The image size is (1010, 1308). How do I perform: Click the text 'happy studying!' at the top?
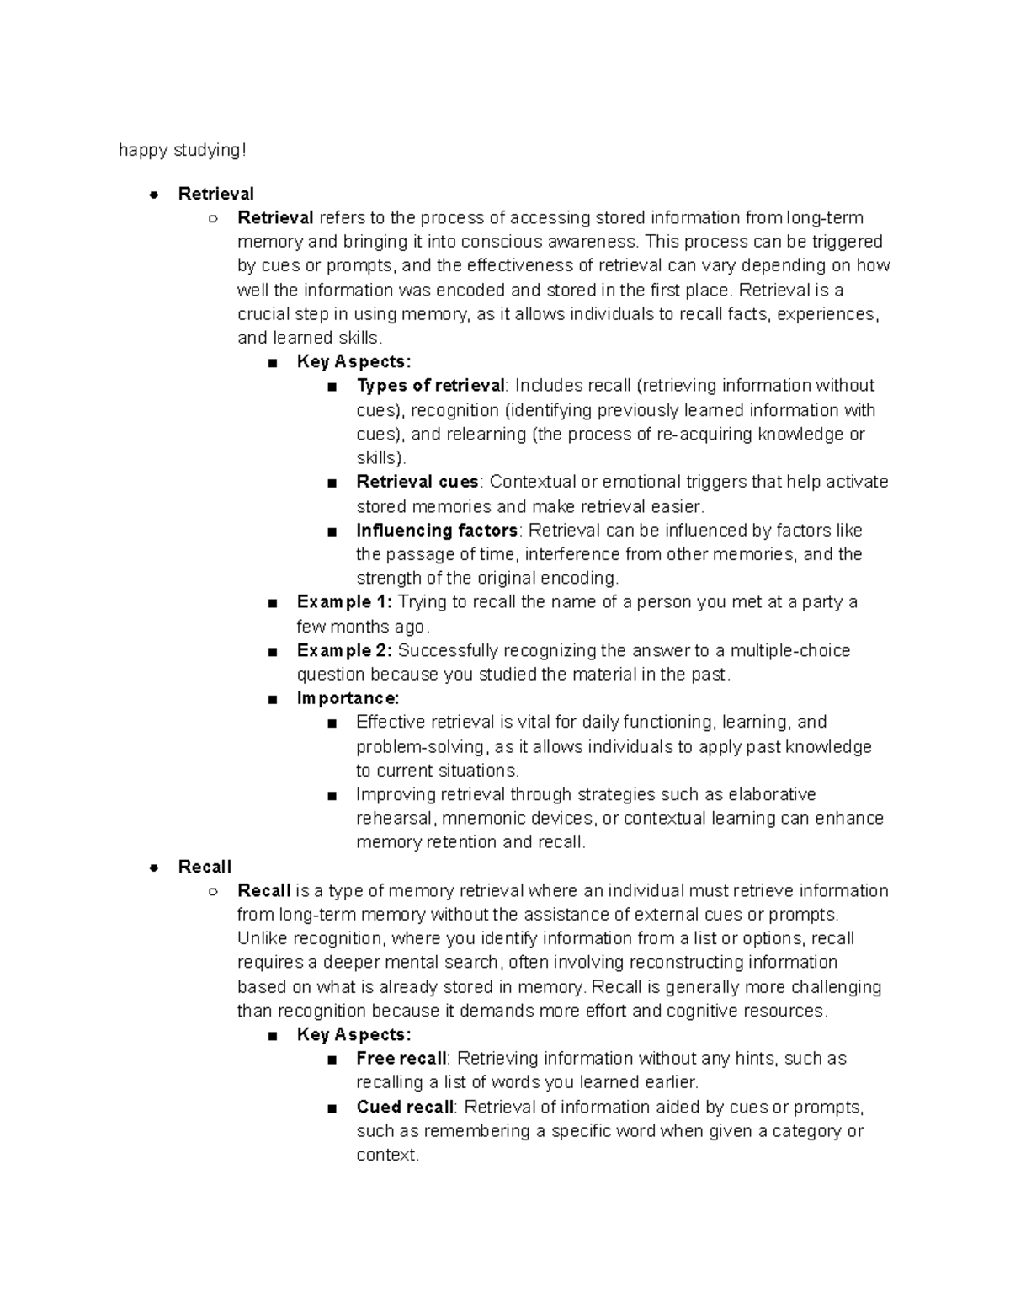(x=183, y=150)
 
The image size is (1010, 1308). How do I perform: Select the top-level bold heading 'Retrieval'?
(x=215, y=194)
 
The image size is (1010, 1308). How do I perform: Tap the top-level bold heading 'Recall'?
(x=205, y=867)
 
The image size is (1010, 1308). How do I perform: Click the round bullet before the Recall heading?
(x=153, y=868)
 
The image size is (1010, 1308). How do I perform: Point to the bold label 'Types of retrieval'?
(x=430, y=386)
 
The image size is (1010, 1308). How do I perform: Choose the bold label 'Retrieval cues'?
(x=417, y=482)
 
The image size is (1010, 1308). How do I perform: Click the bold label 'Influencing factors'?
(x=436, y=531)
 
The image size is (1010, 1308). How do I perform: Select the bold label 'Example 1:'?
(x=344, y=602)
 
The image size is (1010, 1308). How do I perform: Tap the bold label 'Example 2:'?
(x=344, y=650)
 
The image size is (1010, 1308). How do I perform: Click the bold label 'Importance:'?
(x=348, y=698)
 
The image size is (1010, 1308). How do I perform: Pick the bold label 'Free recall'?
(x=401, y=1059)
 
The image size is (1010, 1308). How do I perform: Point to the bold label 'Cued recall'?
(x=404, y=1107)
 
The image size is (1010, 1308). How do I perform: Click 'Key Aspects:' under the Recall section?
(x=353, y=1034)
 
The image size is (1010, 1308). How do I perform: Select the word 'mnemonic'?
(x=481, y=819)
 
